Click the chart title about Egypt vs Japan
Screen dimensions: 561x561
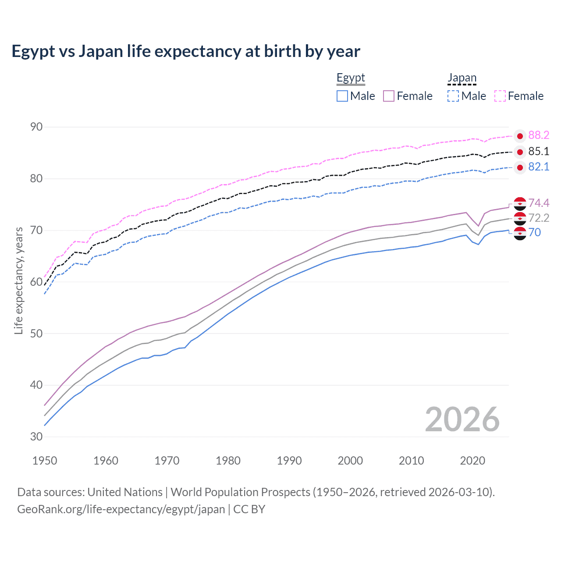(186, 51)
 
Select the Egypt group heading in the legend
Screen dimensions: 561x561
(351, 78)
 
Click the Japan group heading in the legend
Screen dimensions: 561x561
(462, 78)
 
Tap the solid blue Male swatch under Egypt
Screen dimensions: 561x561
(342, 96)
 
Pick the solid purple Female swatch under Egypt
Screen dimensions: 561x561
(389, 96)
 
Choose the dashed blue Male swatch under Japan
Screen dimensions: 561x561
(453, 96)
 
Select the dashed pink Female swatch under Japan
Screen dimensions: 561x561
(500, 96)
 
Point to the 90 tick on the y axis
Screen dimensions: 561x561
(36, 127)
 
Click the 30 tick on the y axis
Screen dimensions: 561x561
(36, 437)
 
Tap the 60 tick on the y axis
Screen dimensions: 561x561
(36, 282)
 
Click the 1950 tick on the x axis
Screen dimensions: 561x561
(45, 461)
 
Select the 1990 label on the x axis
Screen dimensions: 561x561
(289, 461)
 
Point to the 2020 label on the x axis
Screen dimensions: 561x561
(472, 461)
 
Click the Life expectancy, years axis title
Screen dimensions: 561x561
(18, 280)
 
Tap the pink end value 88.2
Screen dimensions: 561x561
(539, 135)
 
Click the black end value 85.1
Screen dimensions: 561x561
(539, 152)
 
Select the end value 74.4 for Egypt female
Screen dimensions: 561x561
(539, 203)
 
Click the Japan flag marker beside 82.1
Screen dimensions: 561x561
(520, 167)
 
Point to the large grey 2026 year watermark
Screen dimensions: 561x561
(462, 419)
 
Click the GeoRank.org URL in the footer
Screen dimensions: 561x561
(121, 509)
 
